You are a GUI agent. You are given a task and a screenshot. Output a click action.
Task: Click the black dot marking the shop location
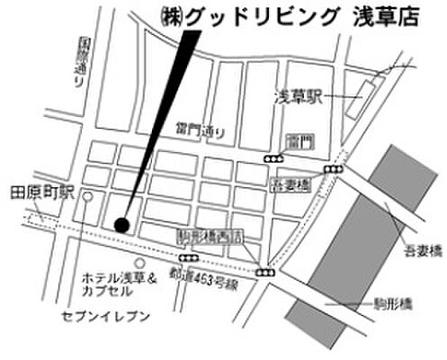[122, 224]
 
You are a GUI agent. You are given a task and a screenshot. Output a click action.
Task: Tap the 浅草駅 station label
[296, 94]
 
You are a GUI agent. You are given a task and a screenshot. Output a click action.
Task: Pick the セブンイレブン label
[98, 318]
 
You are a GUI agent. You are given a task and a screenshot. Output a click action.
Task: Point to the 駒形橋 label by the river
[393, 305]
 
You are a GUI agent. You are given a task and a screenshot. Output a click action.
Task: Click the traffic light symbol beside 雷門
[273, 158]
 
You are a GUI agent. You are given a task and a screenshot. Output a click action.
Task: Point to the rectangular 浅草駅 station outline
[364, 93]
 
